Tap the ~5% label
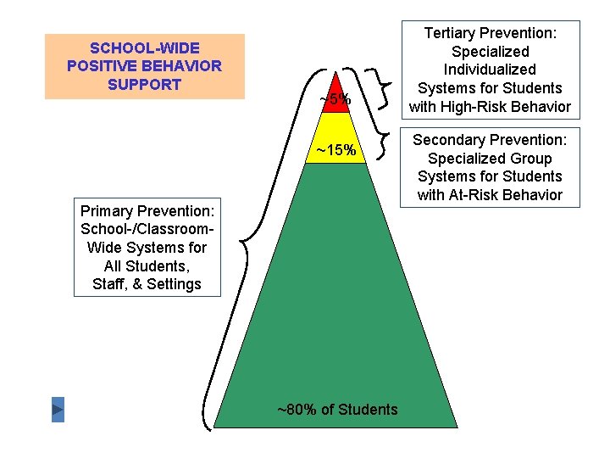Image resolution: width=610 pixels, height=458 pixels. pos(335,100)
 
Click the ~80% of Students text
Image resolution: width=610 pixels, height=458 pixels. pos(337,410)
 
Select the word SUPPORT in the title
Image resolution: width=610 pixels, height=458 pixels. pos(146,84)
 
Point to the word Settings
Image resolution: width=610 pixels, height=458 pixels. pos(172,284)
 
